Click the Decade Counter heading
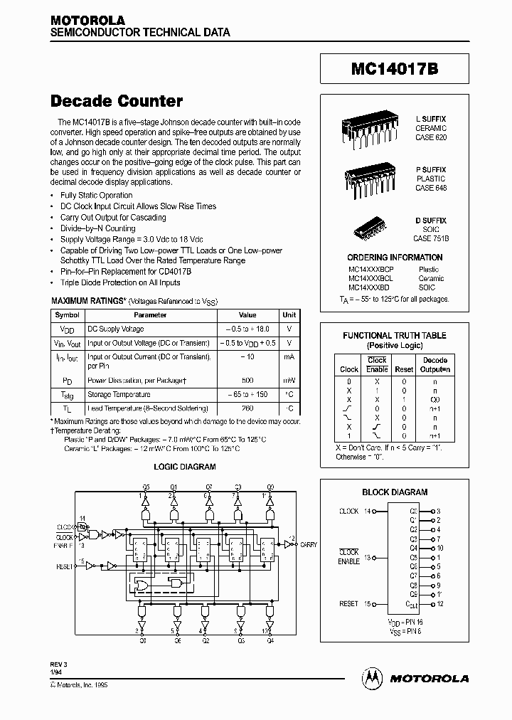tap(117, 101)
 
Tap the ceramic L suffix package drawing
tap(363, 131)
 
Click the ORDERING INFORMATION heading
tap(395, 258)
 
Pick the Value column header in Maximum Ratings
tap(247, 314)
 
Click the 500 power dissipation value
tap(247, 381)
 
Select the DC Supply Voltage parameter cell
tap(115, 329)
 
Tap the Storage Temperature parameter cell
tap(119, 394)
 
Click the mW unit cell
tap(289, 381)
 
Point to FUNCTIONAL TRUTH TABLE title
tap(395, 335)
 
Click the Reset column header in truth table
tap(404, 369)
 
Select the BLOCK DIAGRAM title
tap(395, 492)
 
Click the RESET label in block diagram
tap(348, 604)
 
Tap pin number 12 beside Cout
tap(440, 604)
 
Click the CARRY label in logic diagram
tap(309, 544)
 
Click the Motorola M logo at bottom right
tap(372, 678)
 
